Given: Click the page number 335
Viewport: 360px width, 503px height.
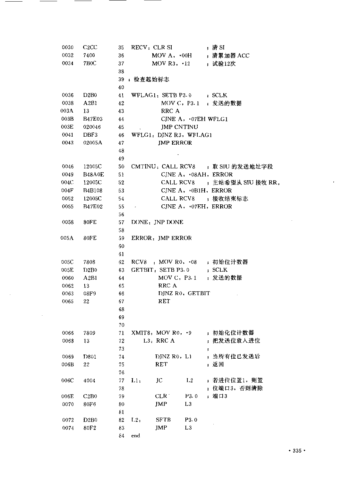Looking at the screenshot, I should pos(297,451).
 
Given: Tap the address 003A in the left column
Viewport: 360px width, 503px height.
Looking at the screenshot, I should pos(67,111).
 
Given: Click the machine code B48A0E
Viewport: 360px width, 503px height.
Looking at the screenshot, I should pos(93,175).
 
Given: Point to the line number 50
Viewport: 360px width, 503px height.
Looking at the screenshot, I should pos(121,167).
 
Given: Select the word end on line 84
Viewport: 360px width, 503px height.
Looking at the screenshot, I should pos(135,436).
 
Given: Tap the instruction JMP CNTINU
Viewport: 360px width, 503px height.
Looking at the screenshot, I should pos(179,127).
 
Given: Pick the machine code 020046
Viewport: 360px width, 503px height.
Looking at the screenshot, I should pos(93,127).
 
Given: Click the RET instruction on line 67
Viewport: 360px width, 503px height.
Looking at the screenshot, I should pos(164,301).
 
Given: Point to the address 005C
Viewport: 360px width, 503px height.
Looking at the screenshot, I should pos(67,262).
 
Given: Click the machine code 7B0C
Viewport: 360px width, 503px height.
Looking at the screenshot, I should pos(90,64).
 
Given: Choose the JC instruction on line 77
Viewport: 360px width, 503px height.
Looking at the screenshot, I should pos(159,380).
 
